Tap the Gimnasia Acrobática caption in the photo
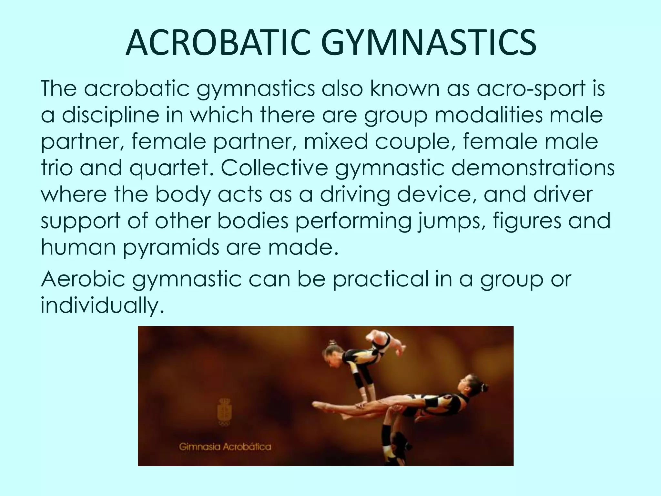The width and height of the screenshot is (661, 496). pyautogui.click(x=225, y=447)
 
